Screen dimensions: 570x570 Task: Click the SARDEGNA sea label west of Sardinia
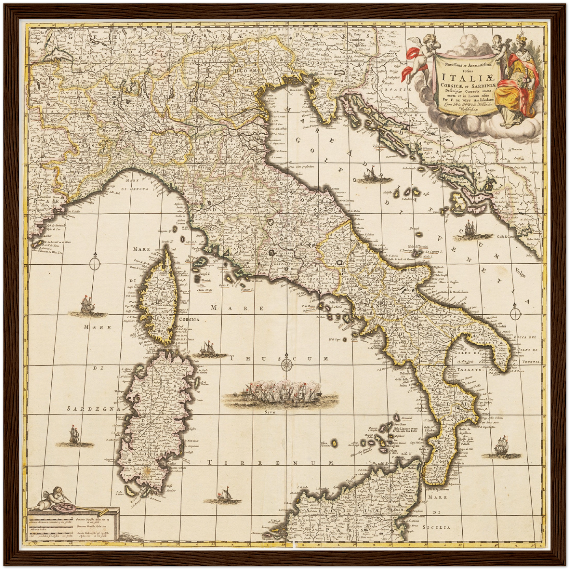93,409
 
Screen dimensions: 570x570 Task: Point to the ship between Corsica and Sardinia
208,348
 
